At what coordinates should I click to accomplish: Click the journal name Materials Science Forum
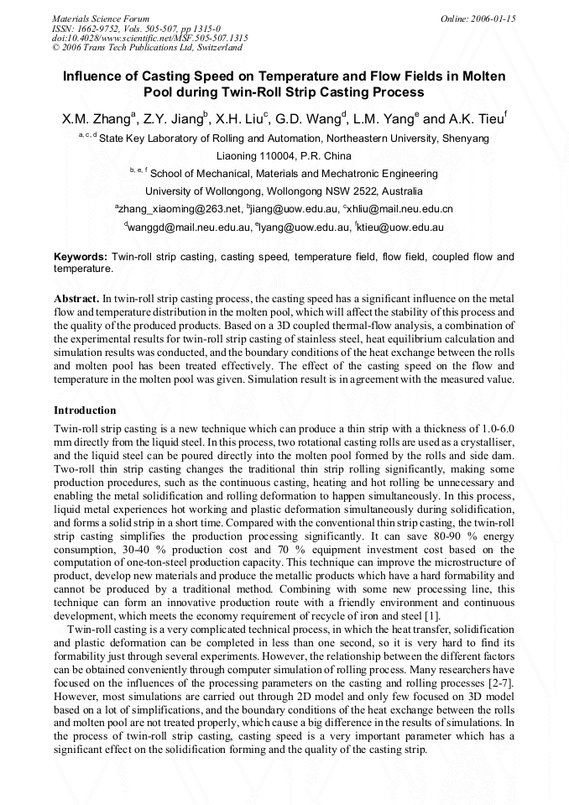coord(101,18)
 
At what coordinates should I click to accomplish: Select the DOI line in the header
coord(149,38)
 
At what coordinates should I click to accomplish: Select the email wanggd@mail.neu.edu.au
coord(190,227)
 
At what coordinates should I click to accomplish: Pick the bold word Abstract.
coord(76,298)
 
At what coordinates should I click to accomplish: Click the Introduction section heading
coord(85,410)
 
